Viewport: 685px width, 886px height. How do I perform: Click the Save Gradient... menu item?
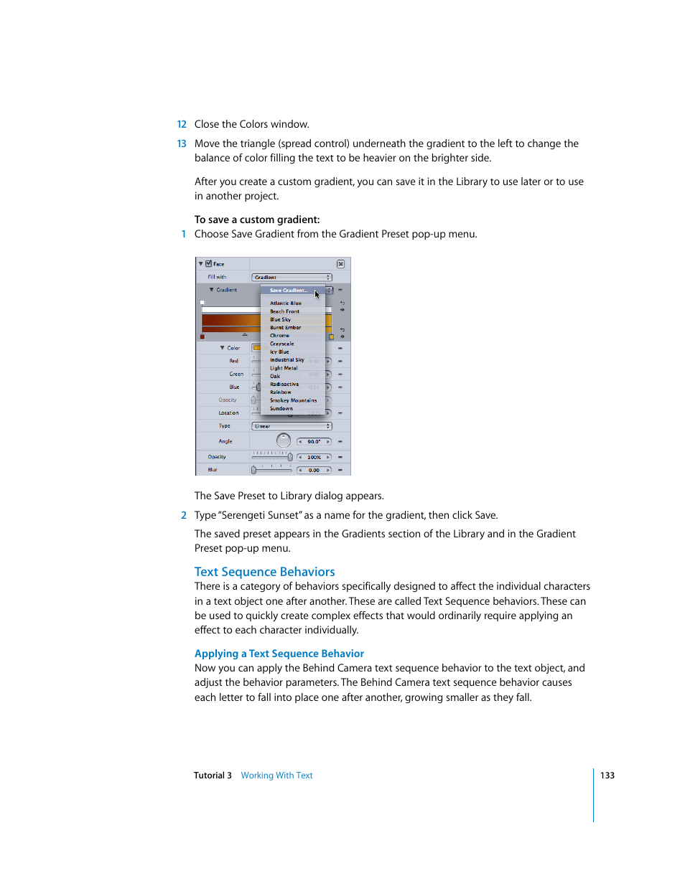click(x=289, y=291)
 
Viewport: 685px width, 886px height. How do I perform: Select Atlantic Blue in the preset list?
click(x=286, y=303)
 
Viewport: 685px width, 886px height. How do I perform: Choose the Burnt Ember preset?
click(x=286, y=328)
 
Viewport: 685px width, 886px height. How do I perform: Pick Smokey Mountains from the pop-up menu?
click(x=293, y=400)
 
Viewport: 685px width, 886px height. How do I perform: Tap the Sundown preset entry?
click(x=281, y=409)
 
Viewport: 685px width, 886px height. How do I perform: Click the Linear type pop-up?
click(x=292, y=426)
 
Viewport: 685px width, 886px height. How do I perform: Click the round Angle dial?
click(x=284, y=440)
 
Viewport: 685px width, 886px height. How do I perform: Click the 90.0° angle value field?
click(x=314, y=442)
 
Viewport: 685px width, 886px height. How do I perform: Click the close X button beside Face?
click(x=341, y=264)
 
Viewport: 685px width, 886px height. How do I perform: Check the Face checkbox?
click(x=208, y=264)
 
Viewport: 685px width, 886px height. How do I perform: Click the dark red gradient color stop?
click(x=202, y=336)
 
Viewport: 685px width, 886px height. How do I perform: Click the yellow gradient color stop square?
click(x=332, y=336)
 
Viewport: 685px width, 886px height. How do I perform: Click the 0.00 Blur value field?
click(x=314, y=471)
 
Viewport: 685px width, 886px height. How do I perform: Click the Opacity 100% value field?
click(x=314, y=457)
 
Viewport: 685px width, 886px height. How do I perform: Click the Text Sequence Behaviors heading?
click(x=264, y=572)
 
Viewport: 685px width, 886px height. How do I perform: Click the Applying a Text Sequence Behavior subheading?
click(x=279, y=654)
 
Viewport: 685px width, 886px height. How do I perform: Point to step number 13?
click(x=182, y=143)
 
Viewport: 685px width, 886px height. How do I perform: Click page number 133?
click(x=607, y=776)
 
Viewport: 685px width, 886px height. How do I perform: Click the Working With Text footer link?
click(x=276, y=776)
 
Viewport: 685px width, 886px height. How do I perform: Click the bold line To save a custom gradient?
click(x=257, y=220)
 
